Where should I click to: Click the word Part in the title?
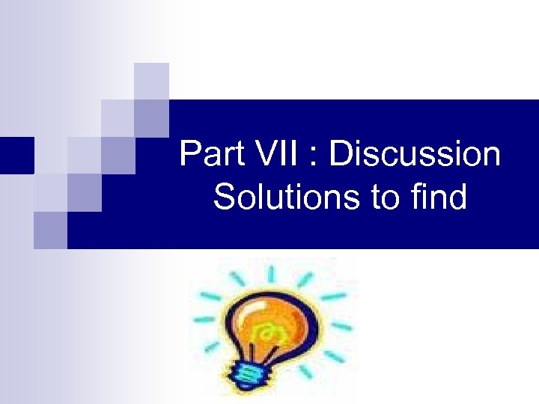211,155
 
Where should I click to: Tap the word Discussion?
415,155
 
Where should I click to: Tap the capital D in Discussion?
340,155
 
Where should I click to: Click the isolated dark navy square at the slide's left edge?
16,155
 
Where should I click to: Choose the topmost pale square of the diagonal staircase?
151,81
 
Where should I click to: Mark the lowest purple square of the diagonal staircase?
50,229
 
